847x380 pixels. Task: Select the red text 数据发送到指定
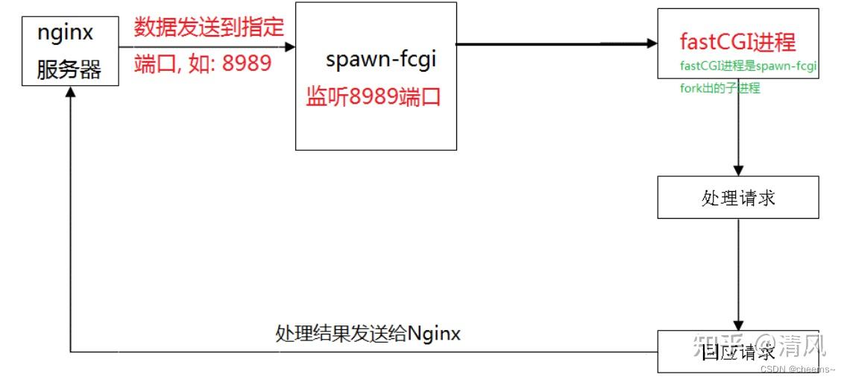210,28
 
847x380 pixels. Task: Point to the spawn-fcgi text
380,60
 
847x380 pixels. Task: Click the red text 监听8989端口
373,97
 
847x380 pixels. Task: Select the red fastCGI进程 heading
737,42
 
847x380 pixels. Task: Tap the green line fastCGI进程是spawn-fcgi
749,66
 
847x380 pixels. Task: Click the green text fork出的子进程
720,87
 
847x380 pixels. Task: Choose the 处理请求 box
737,197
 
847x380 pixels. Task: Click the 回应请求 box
737,351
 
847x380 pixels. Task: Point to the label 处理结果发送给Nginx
368,333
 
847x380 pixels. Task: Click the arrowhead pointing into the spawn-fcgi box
290,46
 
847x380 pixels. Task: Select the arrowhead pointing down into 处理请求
738,170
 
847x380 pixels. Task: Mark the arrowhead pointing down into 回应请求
738,323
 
